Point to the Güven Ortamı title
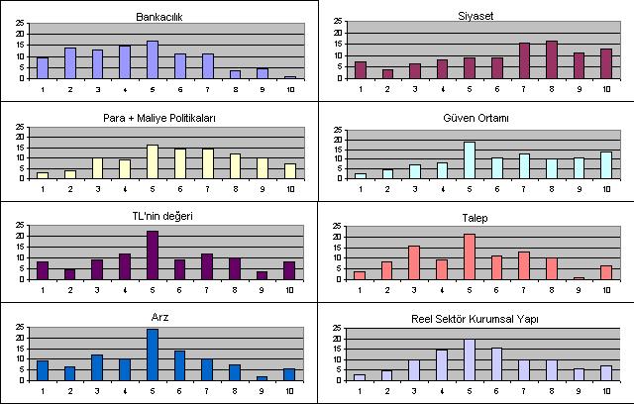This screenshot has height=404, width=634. (x=481, y=118)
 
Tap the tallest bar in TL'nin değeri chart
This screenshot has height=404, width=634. (x=152, y=255)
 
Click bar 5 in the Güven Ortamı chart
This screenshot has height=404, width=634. (x=470, y=160)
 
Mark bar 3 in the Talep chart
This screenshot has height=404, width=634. (x=415, y=262)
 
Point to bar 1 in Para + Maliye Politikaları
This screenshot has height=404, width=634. (x=43, y=175)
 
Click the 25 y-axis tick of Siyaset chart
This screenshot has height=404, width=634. (x=340, y=21)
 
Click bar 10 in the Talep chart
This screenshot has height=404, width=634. (x=605, y=272)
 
